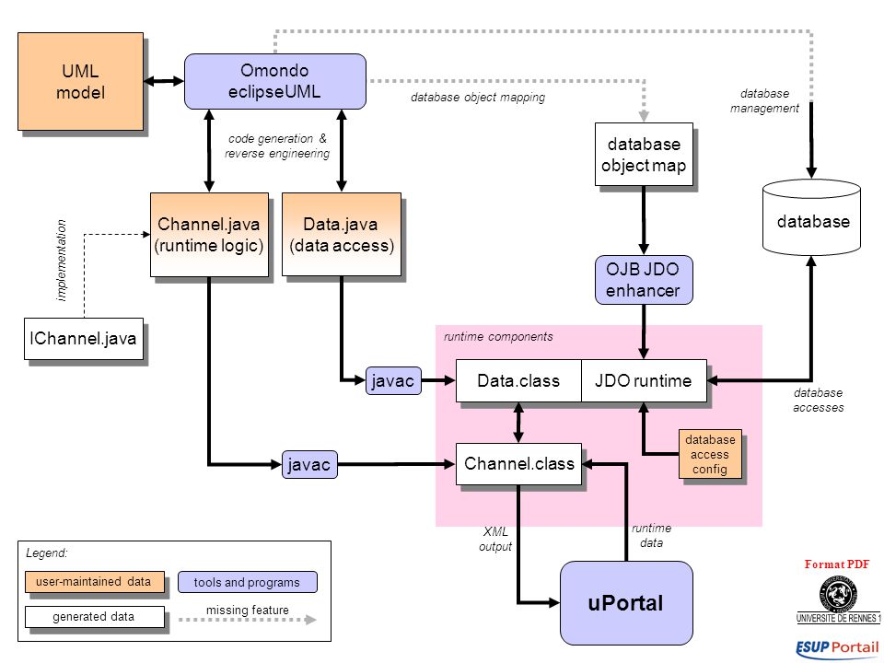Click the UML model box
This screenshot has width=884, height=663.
(81, 82)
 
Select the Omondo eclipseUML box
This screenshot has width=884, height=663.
(275, 81)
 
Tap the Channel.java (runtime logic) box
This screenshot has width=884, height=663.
(209, 235)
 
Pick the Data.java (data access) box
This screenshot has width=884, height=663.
(342, 235)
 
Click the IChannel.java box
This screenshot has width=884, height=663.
(84, 339)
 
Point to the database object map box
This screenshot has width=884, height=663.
(644, 155)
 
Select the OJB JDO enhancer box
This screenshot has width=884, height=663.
(644, 280)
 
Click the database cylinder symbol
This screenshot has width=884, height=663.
(812, 217)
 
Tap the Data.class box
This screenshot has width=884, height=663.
(518, 380)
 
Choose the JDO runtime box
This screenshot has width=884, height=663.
(644, 380)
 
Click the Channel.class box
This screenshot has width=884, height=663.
(518, 464)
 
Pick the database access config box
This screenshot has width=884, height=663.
(710, 454)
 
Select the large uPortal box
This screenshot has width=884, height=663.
(626, 602)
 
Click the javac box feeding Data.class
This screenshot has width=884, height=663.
(393, 380)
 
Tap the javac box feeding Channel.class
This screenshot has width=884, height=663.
(309, 464)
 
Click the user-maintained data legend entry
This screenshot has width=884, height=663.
(95, 582)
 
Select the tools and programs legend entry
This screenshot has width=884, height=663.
(248, 582)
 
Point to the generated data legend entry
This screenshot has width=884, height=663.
(95, 617)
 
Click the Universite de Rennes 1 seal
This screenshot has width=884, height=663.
(838, 595)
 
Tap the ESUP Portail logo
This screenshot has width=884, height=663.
(838, 648)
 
